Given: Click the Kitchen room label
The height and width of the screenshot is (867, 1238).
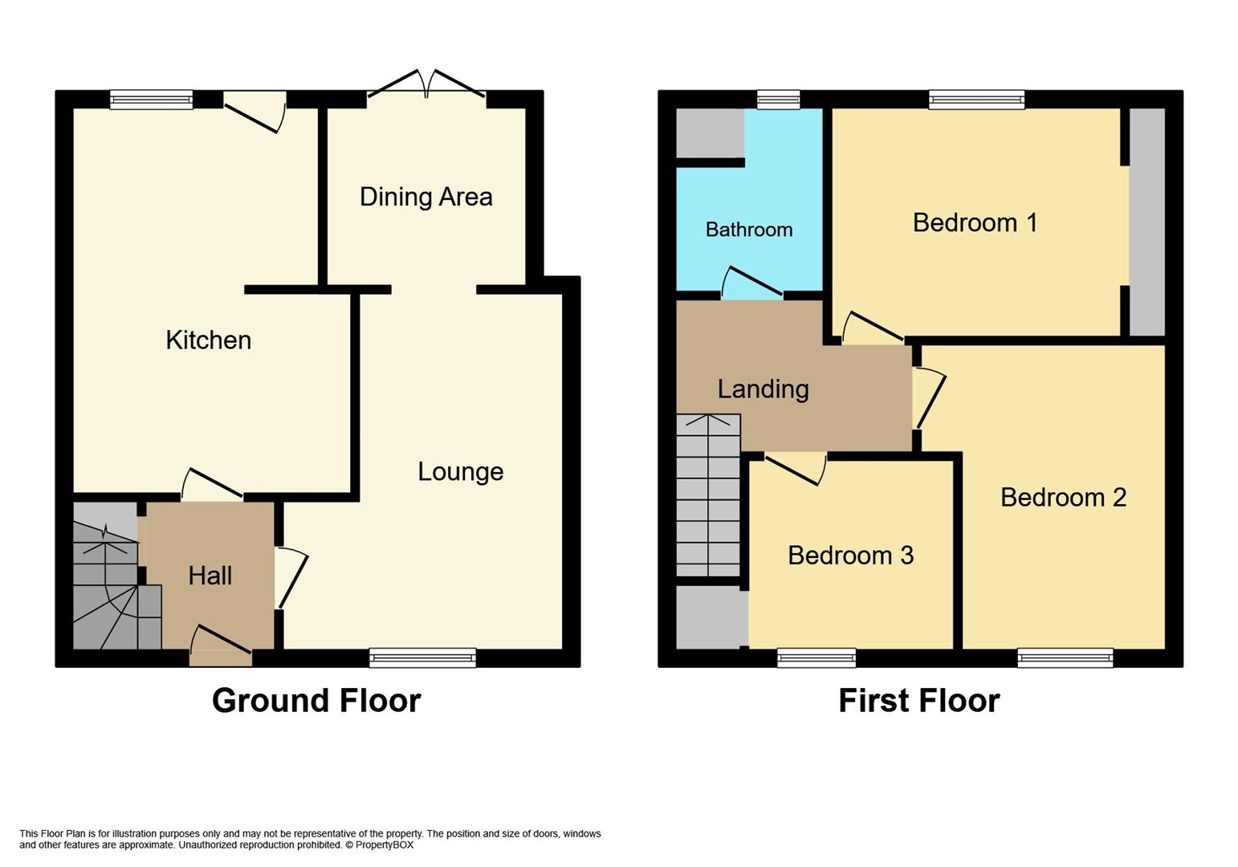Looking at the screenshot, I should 208,340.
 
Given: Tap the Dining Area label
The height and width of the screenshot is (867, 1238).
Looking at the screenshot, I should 426,197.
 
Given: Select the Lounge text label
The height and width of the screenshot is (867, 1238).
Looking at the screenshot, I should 460,471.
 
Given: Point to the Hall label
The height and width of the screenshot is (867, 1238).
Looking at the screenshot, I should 210,576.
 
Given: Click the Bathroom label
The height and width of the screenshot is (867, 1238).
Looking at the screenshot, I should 748,230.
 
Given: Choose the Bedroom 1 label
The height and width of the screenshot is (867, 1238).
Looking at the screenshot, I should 975,222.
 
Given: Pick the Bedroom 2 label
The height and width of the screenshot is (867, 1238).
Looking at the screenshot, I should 1063,498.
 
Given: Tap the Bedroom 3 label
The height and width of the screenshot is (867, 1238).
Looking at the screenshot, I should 850,556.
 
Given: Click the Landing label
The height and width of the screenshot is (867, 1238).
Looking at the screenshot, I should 763,389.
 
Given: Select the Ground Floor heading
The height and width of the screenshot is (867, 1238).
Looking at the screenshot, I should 316,701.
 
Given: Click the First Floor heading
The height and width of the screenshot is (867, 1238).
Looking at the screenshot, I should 918,701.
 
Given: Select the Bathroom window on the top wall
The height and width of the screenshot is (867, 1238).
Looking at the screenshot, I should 778,100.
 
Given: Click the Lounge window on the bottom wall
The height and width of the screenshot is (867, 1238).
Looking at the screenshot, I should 422,658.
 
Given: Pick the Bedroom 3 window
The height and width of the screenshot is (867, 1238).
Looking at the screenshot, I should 816,658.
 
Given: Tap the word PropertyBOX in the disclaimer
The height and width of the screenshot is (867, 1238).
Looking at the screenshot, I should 385,845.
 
